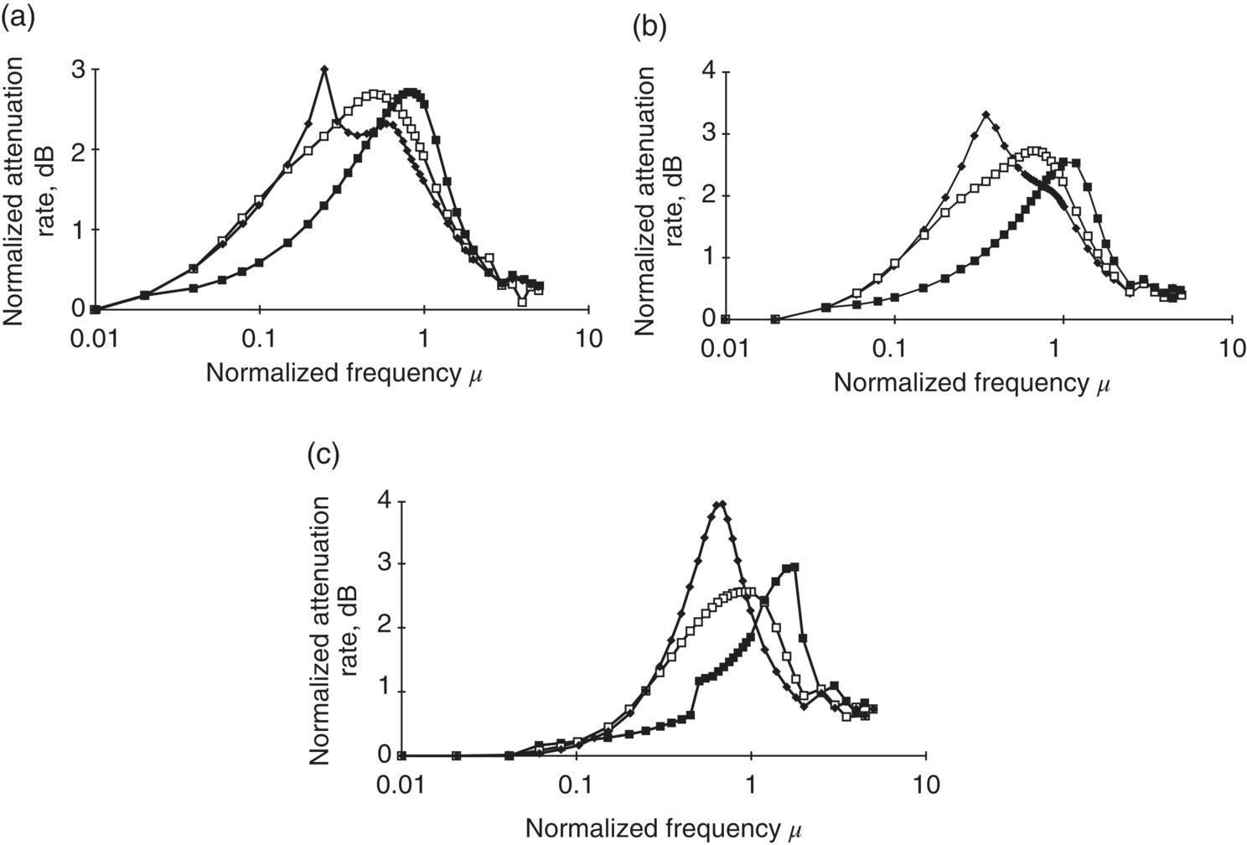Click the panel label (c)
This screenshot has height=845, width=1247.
[x=323, y=456]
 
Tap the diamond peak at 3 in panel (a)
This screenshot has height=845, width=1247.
[x=324, y=69]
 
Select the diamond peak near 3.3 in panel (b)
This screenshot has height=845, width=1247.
[x=986, y=115]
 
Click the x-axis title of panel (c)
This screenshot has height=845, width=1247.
[x=665, y=828]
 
